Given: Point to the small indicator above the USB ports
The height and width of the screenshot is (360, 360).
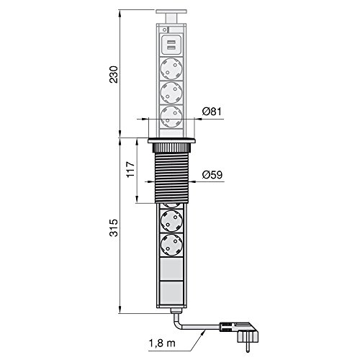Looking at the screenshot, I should (165, 31).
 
